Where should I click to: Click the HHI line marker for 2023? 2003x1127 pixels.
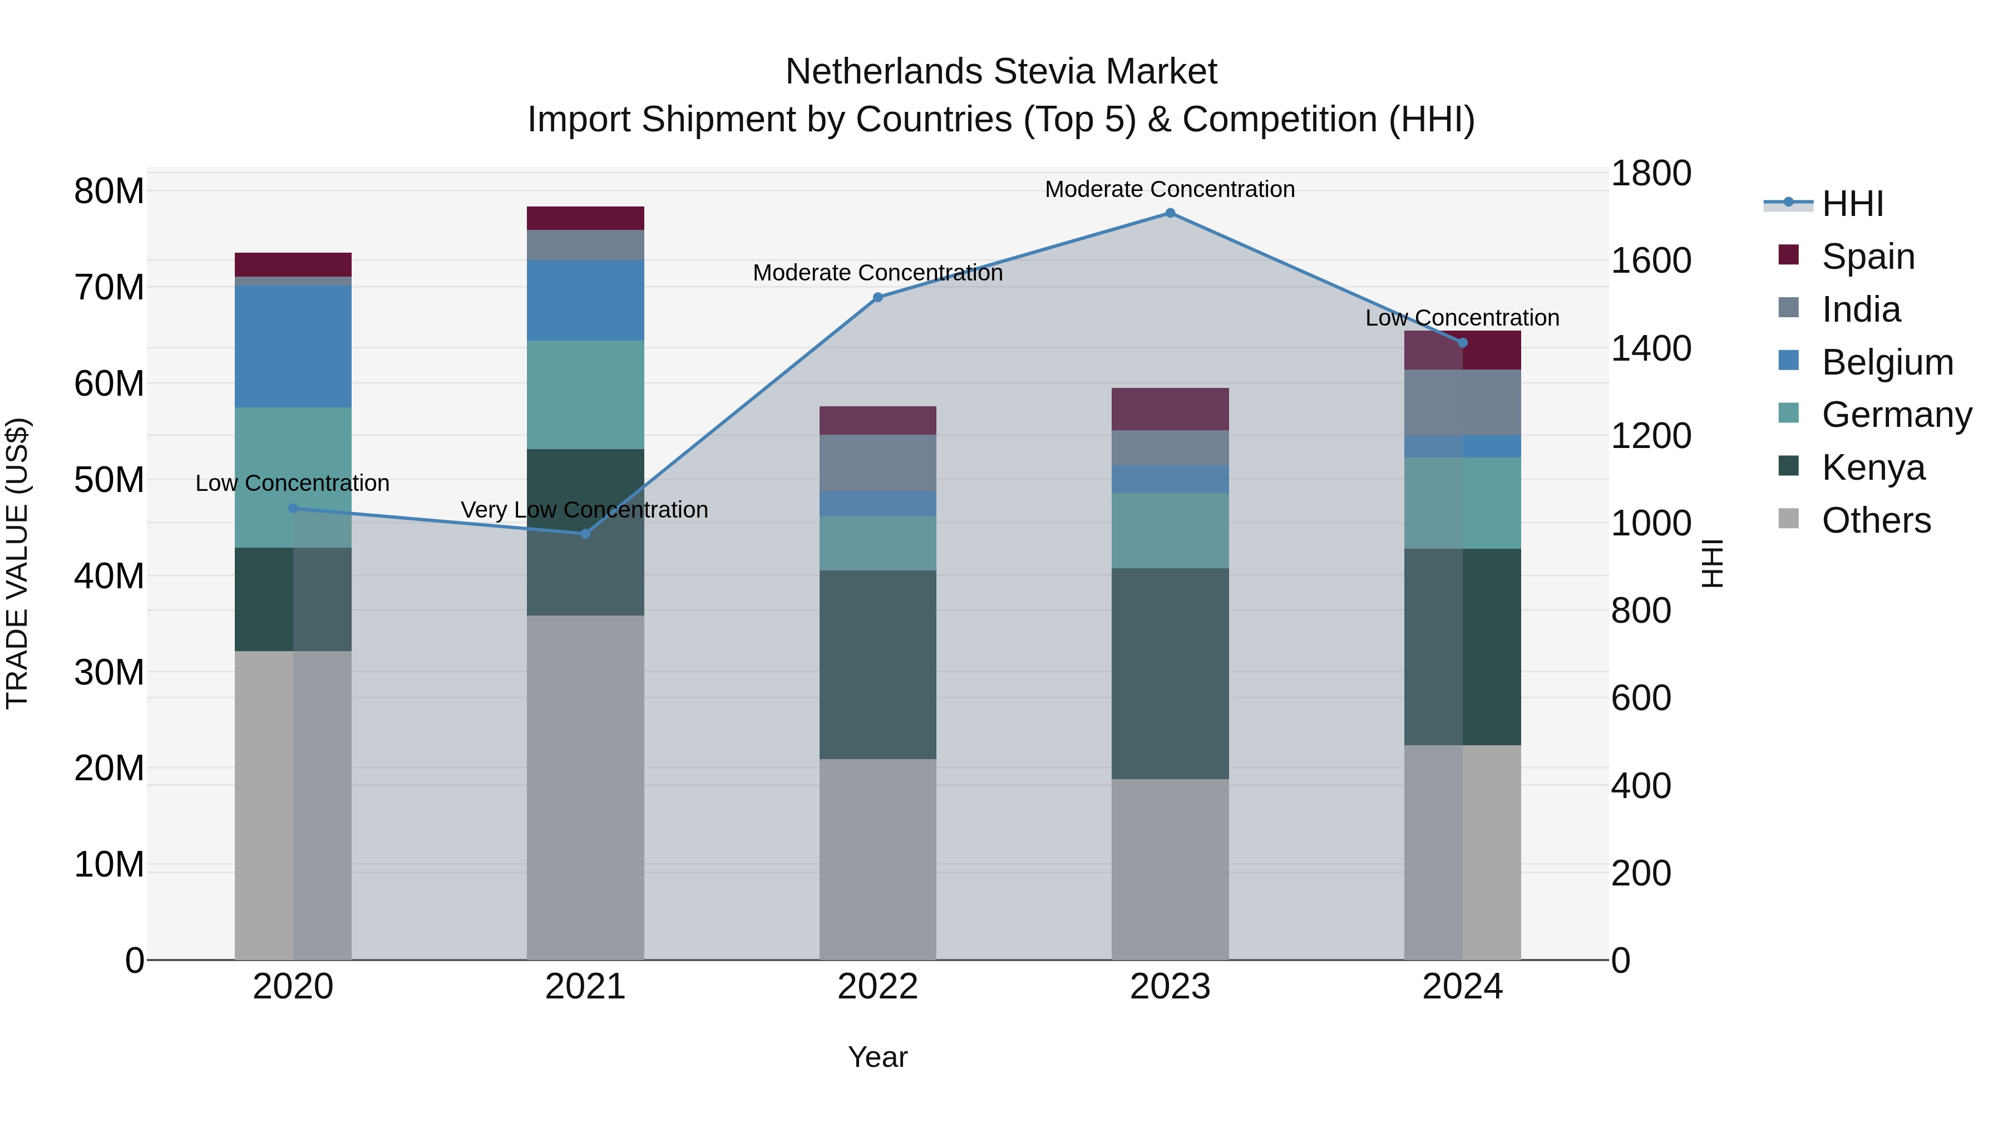click(x=1170, y=213)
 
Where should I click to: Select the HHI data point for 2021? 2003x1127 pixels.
click(x=585, y=534)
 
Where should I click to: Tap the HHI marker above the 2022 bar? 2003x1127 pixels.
click(x=878, y=297)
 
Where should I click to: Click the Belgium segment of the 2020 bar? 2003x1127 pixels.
click(x=293, y=347)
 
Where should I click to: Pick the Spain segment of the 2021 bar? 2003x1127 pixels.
click(x=585, y=219)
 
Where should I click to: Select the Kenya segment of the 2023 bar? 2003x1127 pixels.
click(x=1170, y=673)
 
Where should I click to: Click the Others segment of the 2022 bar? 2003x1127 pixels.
click(x=878, y=859)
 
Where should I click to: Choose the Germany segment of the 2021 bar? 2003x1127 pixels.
click(x=585, y=395)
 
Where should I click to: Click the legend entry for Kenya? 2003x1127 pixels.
click(x=1872, y=467)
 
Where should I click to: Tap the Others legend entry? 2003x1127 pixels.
click(x=1876, y=520)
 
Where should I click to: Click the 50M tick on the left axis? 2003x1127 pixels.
click(x=109, y=480)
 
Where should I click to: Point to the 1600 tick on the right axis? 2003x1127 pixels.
click(x=1650, y=260)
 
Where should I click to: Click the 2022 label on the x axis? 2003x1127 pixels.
click(x=878, y=987)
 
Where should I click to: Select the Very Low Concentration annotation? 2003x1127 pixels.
click(x=584, y=510)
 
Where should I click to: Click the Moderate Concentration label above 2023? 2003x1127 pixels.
click(x=1170, y=189)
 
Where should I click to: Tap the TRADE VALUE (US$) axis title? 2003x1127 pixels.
click(x=17, y=563)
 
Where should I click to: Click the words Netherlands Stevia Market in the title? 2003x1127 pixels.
click(x=1001, y=72)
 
